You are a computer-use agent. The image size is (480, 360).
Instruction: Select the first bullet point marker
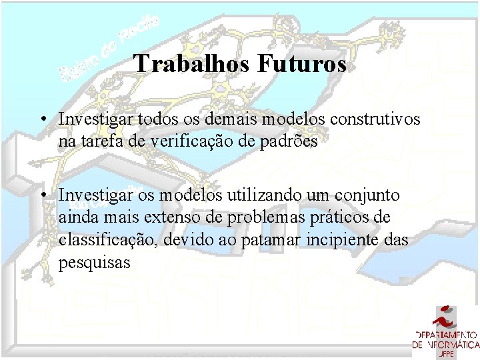pyautogui.click(x=42, y=119)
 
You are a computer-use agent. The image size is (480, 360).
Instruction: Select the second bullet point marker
pyautogui.click(x=42, y=196)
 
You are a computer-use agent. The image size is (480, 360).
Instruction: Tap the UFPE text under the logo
pyautogui.click(x=445, y=353)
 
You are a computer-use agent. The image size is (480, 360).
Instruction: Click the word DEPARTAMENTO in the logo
pyautogui.click(x=445, y=335)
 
